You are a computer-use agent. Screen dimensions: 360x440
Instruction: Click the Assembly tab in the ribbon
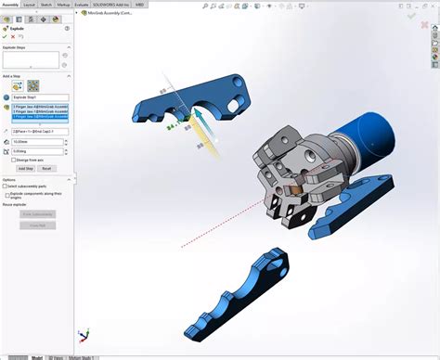[10, 5]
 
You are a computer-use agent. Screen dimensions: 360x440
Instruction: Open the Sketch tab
[46, 5]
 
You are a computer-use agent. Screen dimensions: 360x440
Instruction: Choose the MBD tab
[139, 5]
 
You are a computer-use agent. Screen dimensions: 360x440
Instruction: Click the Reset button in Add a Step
[46, 168]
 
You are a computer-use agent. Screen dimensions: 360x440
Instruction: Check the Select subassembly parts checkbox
[4, 186]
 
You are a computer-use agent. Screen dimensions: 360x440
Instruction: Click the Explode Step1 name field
[41, 97]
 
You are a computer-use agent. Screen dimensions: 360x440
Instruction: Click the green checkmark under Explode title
[5, 36]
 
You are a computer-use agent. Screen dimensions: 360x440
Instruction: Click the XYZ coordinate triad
[83, 334]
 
